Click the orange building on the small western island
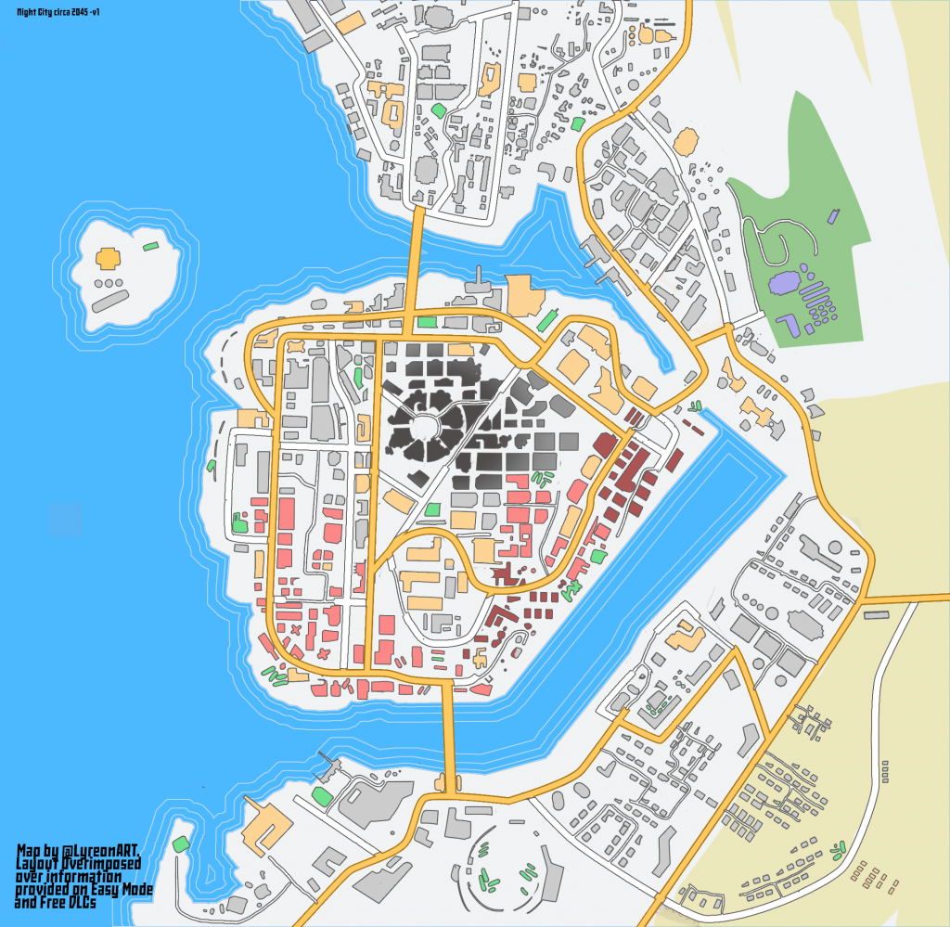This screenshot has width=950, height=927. pos(109,257)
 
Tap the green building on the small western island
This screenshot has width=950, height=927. pos(149,247)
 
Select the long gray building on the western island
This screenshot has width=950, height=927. pos(109,300)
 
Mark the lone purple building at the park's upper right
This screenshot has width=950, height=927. pos(832,216)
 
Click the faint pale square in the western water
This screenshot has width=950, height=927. pos(65,520)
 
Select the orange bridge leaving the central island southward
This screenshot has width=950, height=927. pos(449,733)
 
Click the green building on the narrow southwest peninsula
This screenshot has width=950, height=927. pos(180,844)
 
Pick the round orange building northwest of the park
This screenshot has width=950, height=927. pos(687,141)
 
